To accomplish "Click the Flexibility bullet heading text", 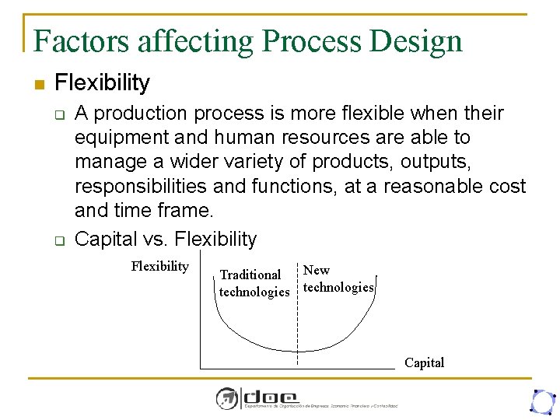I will pyautogui.click(x=102, y=82).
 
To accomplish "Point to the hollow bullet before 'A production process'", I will pyautogui.click(x=58, y=115).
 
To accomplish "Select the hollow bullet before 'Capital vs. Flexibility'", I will pyautogui.click(x=58, y=240).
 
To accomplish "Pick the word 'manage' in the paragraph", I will pyautogui.click(x=109, y=162).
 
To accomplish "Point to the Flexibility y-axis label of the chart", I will pyautogui.click(x=160, y=267).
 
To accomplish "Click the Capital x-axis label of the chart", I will pyautogui.click(x=424, y=362).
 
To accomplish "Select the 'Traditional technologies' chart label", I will pyautogui.click(x=254, y=283).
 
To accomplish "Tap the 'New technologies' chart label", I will pyautogui.click(x=338, y=279).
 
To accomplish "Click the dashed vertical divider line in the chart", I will pyautogui.click(x=298, y=327).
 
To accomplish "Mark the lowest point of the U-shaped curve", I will pyautogui.click(x=298, y=349).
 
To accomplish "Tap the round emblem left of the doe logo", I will pyautogui.click(x=226, y=398).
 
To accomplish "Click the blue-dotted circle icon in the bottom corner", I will pyautogui.click(x=541, y=401).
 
